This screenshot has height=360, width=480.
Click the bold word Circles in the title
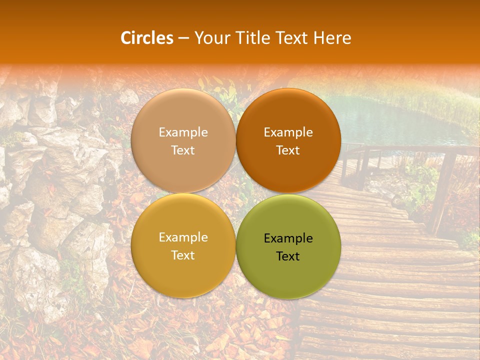(x=147, y=38)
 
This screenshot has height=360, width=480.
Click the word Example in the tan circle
(x=183, y=132)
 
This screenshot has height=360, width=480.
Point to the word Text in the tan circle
(x=183, y=150)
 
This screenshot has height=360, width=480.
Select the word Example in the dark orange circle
(x=288, y=132)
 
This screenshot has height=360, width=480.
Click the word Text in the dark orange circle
(x=288, y=150)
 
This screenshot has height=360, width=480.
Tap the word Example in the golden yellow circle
(x=183, y=237)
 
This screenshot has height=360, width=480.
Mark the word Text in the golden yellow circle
(x=183, y=255)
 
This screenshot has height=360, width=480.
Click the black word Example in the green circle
(x=288, y=238)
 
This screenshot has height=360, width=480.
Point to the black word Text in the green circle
(x=288, y=256)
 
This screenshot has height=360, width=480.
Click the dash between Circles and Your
(x=183, y=38)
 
